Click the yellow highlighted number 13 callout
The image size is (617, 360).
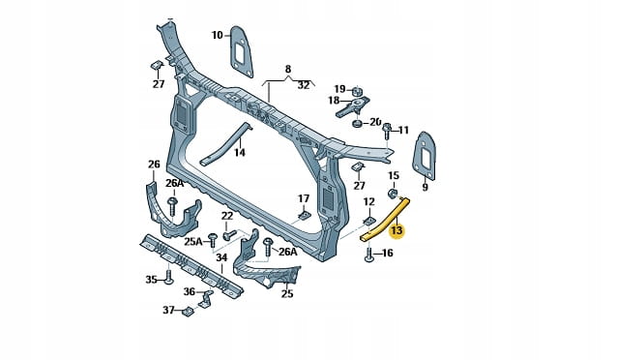click(397, 230)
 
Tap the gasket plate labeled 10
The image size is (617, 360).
click(241, 51)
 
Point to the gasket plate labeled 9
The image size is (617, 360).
click(424, 156)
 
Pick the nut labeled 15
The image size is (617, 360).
click(393, 194)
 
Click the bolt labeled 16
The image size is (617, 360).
click(368, 255)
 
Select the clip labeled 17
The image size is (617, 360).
click(304, 215)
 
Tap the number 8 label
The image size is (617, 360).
click(288, 69)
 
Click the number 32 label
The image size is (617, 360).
click(304, 85)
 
